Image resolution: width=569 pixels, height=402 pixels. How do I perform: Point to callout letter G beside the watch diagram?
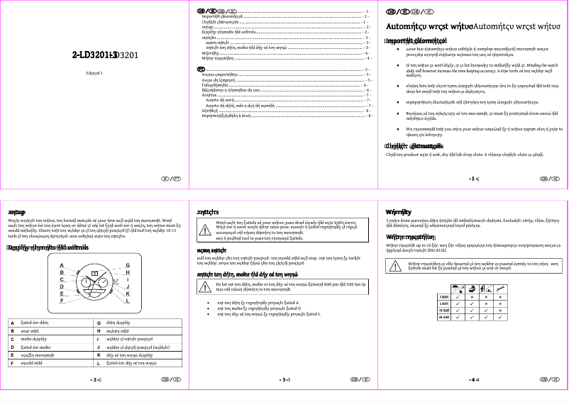(x=127, y=264)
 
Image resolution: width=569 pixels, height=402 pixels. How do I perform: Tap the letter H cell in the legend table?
(x=98, y=330)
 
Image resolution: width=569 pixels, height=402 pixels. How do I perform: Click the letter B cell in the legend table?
(x=12, y=330)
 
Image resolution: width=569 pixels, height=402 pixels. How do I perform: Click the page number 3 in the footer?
(x=284, y=380)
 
